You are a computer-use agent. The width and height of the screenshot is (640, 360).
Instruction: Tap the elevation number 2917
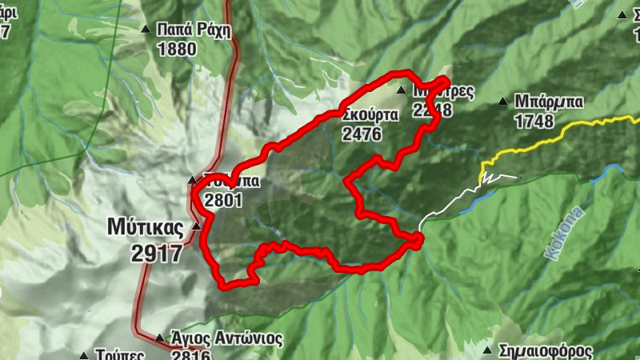[x=158, y=253]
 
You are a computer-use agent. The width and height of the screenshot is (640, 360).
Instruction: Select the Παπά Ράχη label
[x=194, y=31]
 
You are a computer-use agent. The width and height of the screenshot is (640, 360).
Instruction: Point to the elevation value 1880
[x=177, y=50]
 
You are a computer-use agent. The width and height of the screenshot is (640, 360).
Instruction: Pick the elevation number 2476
[x=361, y=134]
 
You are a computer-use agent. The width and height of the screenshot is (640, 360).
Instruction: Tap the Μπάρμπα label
[x=549, y=102]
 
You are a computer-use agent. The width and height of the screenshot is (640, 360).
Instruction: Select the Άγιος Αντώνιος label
[x=226, y=338]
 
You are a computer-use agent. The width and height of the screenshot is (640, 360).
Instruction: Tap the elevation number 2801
[x=222, y=201]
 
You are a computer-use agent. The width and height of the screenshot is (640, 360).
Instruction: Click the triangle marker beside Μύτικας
[x=197, y=227]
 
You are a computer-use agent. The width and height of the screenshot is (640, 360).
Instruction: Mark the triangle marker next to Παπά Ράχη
[x=146, y=30]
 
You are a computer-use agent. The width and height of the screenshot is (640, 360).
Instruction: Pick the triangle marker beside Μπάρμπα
[x=502, y=102]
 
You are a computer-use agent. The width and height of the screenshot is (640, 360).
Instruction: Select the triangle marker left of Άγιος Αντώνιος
[x=159, y=338]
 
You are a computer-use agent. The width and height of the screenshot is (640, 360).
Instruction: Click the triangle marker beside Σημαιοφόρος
[x=486, y=350]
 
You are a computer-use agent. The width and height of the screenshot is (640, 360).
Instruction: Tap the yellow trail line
[x=560, y=134]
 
